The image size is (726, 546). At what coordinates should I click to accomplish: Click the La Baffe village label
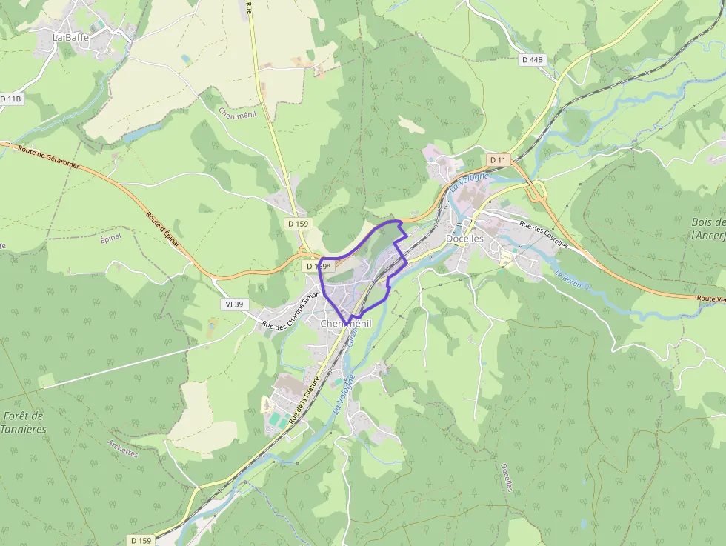pos(70,36)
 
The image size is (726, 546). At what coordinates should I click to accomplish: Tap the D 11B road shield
pos(11,99)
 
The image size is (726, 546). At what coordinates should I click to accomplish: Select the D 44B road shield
pos(532,59)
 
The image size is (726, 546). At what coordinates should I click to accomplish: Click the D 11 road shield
pos(498,160)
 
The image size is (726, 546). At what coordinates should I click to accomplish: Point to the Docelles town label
pos(464,239)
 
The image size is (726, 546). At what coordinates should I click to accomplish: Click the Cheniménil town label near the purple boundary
pos(345,324)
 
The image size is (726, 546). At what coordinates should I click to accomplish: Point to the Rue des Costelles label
pos(543,235)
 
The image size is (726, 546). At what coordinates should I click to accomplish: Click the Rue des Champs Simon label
pos(290,311)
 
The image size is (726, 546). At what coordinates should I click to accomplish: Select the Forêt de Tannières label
pos(24,422)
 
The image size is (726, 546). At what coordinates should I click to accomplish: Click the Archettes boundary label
pos(122,449)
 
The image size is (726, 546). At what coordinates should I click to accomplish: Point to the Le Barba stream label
pos(572,280)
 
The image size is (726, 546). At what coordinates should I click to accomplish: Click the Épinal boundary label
pos(110,239)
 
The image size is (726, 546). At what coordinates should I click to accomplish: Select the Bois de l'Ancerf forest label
pos(707,228)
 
